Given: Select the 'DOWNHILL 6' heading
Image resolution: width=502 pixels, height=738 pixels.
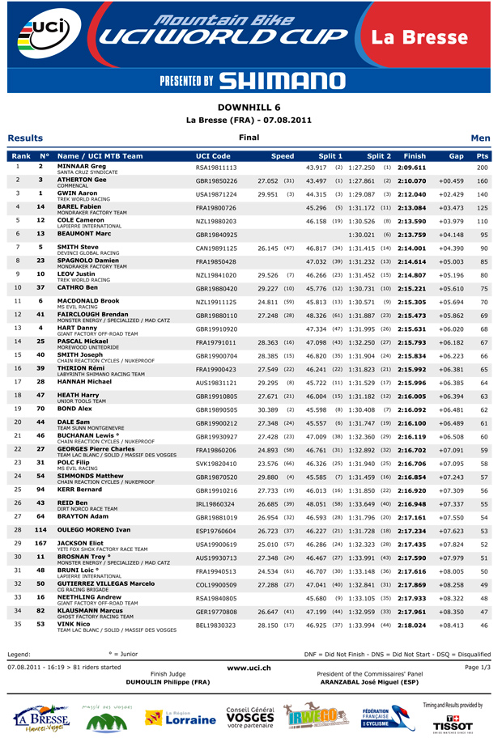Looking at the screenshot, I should pos(250,107).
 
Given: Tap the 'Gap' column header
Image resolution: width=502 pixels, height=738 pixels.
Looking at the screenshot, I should pos(456,155).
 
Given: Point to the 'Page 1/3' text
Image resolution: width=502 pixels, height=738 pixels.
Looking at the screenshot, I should pos(476,667).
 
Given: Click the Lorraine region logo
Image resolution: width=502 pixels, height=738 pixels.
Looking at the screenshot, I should pos(180,718).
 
